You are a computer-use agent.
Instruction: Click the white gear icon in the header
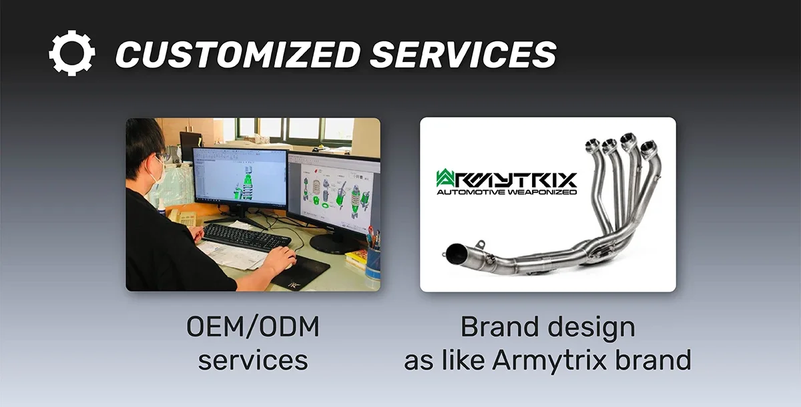click(72, 53)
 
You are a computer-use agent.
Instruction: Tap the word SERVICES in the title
click(463, 54)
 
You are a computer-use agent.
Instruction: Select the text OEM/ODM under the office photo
click(253, 326)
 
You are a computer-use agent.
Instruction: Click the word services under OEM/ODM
click(253, 360)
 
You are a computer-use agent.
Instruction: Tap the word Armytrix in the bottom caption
click(549, 360)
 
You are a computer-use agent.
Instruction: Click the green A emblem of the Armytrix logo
click(446, 178)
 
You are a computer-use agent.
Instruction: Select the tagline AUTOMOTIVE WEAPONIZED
click(507, 192)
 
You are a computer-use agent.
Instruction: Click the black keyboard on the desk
click(247, 236)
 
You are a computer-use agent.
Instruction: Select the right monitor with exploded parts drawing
click(334, 193)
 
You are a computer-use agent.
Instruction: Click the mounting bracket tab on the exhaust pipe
click(481, 245)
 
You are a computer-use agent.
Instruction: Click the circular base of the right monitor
click(334, 244)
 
